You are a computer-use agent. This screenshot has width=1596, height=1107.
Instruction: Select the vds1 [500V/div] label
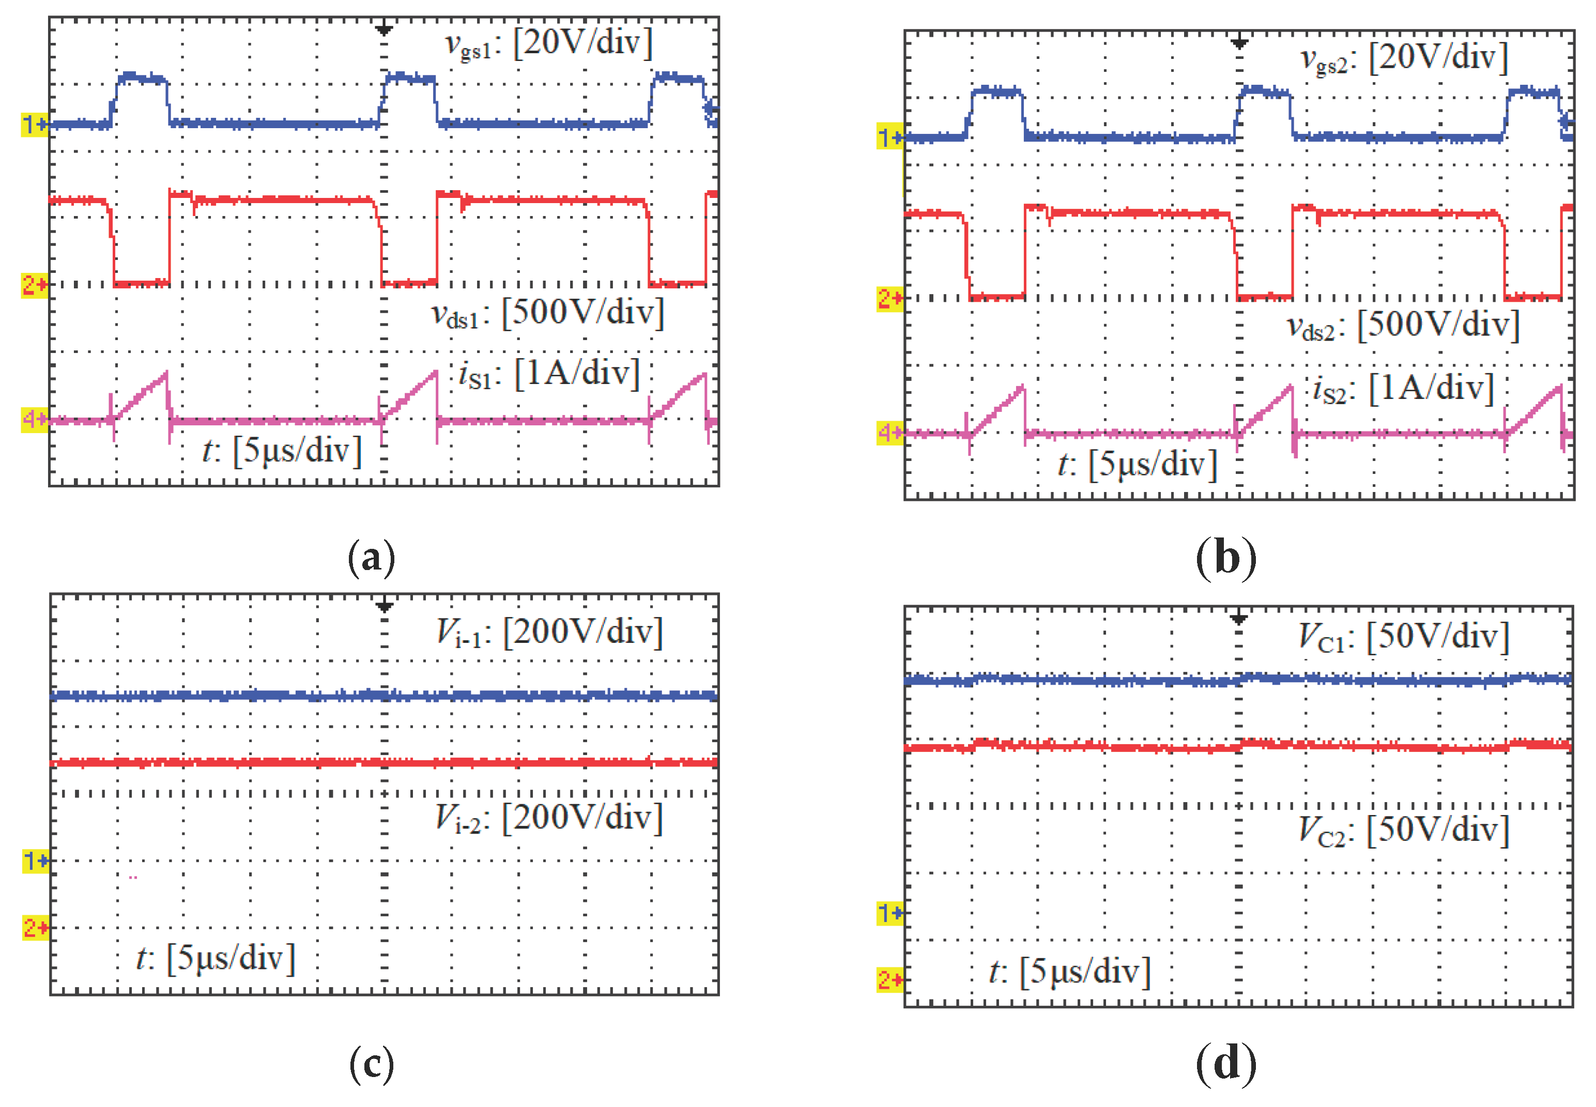547,314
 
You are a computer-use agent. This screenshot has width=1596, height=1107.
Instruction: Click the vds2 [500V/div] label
1403,326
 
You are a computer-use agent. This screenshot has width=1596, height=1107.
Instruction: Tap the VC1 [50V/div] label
1403,637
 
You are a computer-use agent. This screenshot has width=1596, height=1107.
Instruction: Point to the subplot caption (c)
372,1065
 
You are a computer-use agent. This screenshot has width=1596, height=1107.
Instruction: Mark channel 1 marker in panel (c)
35,861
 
